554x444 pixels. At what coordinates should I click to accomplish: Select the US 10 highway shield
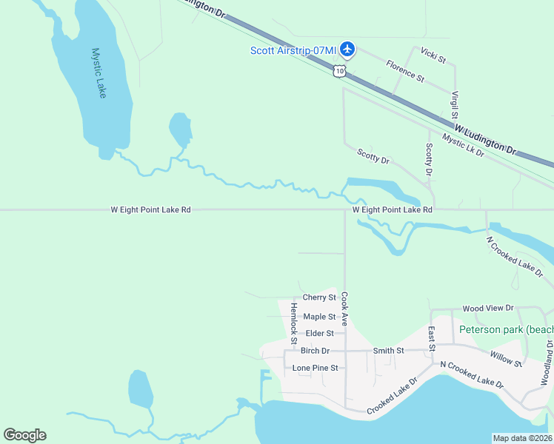point(338,70)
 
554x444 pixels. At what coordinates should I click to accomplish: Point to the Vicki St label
point(433,55)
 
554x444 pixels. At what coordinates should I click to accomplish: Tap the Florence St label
point(405,72)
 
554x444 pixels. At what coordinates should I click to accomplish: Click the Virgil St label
point(455,105)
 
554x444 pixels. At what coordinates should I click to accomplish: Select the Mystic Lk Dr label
point(463,144)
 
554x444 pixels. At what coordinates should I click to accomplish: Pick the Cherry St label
point(319,297)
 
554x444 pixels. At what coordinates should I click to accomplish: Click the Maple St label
point(319,317)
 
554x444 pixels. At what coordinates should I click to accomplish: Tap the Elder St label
point(320,334)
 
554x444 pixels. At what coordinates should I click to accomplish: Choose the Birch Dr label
point(315,351)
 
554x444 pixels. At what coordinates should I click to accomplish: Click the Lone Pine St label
point(315,368)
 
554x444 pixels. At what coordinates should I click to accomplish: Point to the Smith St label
point(388,351)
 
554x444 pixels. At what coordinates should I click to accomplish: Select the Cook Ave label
point(344,309)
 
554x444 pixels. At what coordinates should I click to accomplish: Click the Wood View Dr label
point(487,308)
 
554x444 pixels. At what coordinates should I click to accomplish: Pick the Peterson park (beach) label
point(506,329)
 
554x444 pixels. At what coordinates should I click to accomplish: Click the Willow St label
point(507,359)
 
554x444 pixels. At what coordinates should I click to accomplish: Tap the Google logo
point(24,435)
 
